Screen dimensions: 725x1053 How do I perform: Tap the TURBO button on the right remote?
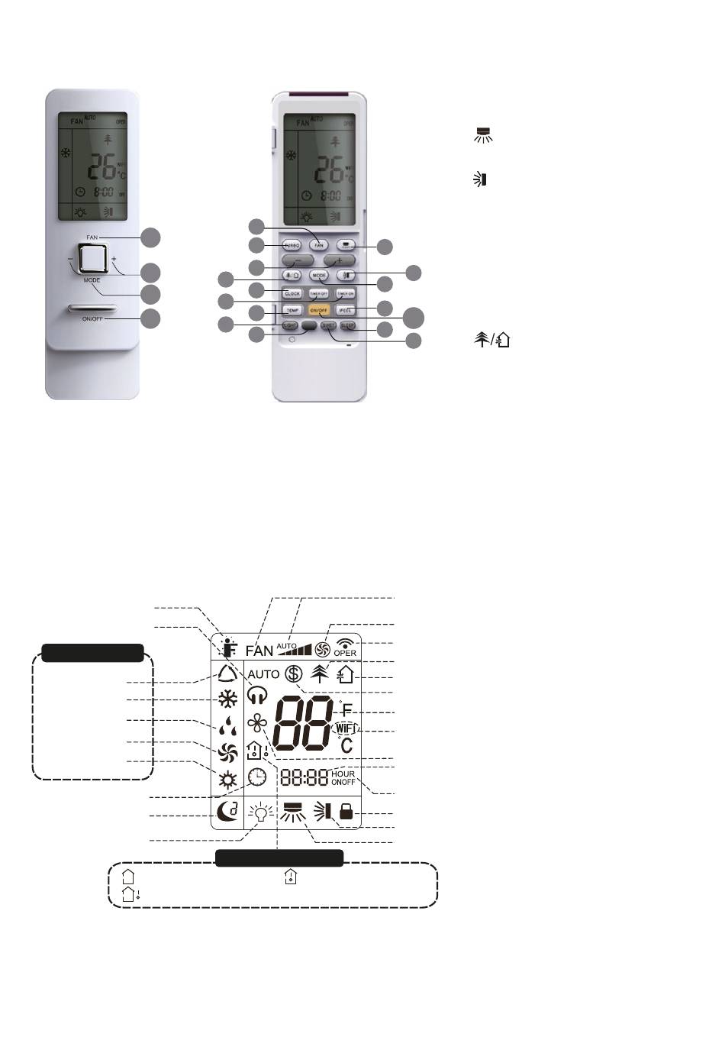292,246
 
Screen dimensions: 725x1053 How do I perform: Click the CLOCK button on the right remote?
292,293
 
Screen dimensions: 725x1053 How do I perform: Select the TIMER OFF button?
319,293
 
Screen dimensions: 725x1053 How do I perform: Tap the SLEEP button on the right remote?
346,325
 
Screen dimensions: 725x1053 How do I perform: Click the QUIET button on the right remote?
327,325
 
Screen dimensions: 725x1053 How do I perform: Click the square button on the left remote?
92,258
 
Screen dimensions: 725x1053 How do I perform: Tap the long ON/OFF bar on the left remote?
92,309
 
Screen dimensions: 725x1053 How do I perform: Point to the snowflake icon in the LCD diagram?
227,699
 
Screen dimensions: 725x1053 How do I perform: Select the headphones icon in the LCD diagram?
257,694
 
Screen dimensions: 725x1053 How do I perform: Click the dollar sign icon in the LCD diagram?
294,674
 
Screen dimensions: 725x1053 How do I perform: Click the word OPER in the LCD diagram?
345,653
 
